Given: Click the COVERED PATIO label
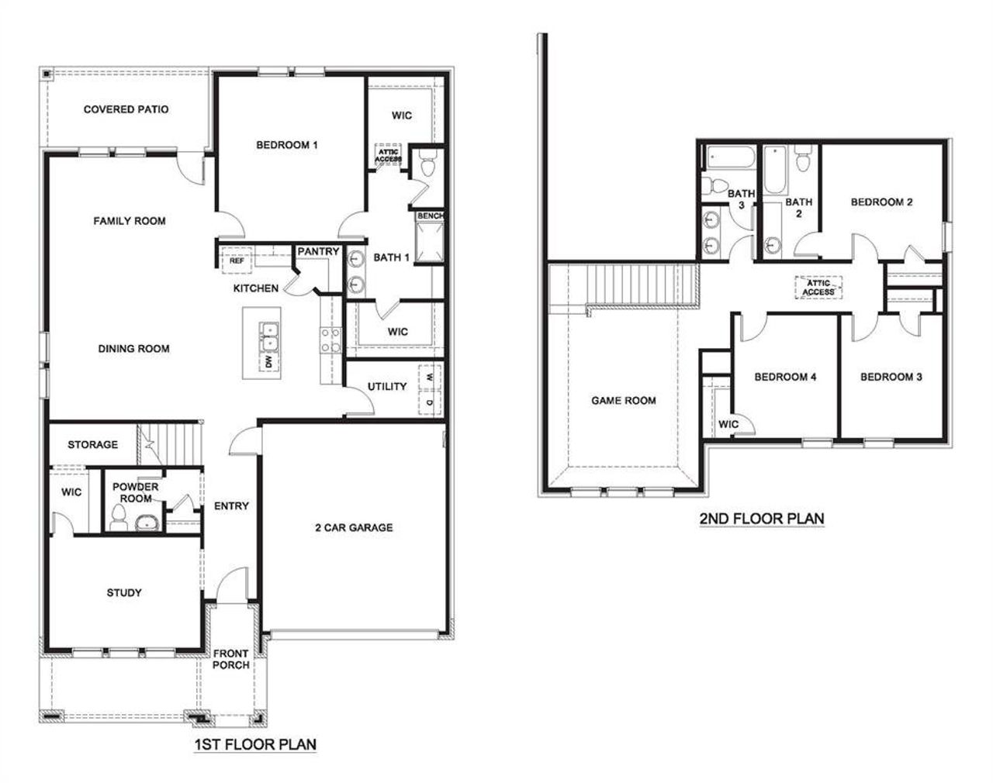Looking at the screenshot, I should tap(126, 109).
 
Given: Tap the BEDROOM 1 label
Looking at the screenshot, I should tap(287, 145).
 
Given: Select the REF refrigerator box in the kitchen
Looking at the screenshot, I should tap(237, 261).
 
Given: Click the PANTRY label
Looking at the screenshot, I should tap(318, 251).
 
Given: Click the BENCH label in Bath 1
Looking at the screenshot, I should tap(430, 216).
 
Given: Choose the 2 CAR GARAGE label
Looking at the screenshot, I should tap(354, 528).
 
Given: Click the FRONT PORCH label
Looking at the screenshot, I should tap(231, 659).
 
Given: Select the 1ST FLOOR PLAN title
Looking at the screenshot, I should tap(254, 745).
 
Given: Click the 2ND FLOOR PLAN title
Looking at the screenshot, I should tap(761, 519).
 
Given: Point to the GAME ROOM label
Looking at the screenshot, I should tap(624, 401).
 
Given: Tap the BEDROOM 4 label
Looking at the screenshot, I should tap(785, 378).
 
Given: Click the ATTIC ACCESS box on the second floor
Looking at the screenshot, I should tap(818, 288).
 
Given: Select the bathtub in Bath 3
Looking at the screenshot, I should tap(730, 157).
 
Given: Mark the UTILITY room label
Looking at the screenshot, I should tap(387, 386).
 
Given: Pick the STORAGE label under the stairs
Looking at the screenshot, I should tap(92, 444).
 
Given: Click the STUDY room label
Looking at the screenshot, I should tap(124, 593).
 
